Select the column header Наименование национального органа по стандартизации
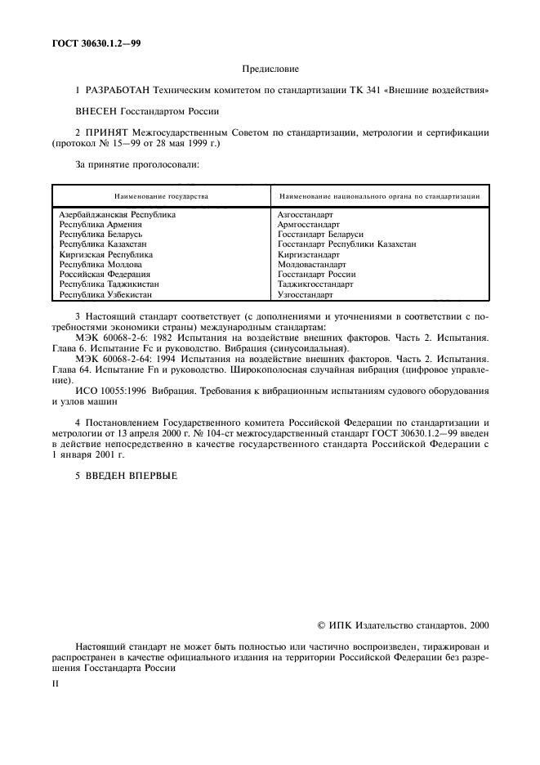point(378,196)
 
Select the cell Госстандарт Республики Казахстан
point(347,244)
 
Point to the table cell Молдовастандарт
point(311,265)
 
